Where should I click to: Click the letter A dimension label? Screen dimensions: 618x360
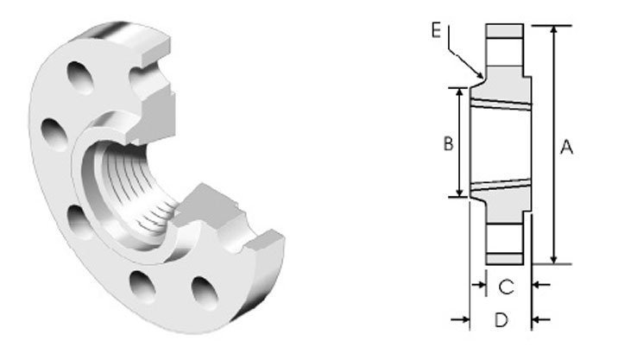[x=566, y=147]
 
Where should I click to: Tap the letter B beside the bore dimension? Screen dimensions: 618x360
[x=448, y=143]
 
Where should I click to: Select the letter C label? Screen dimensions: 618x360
[x=506, y=287]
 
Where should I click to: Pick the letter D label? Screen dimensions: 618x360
[x=501, y=320]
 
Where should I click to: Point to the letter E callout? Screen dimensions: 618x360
[x=436, y=30]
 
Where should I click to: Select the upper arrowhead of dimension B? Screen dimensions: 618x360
[x=459, y=92]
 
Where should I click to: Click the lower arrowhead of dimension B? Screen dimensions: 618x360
[x=459, y=192]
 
